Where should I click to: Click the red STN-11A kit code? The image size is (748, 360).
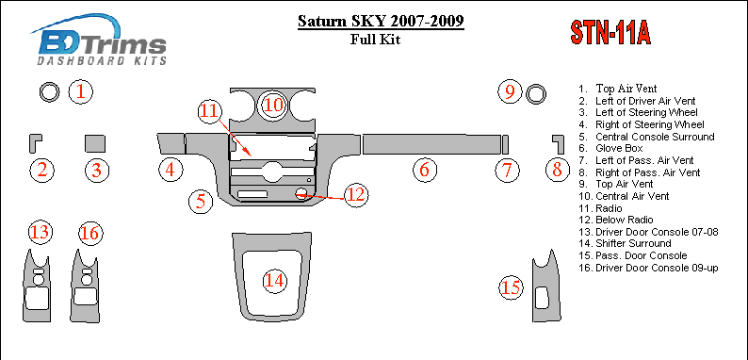610,33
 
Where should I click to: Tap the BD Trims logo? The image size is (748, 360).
99,40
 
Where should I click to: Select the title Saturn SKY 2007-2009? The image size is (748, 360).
381,22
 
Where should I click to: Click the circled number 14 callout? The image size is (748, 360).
275,281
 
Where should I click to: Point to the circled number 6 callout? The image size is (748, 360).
425,170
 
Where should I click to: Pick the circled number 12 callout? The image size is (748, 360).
356,195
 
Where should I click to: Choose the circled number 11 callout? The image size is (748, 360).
210,111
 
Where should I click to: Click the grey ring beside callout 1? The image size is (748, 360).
49,92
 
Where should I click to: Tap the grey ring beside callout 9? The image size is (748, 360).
536,93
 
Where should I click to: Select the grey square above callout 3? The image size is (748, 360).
95,143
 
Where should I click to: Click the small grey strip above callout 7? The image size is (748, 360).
505,144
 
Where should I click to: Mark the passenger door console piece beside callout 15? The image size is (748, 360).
546,286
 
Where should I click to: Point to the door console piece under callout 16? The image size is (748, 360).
86,286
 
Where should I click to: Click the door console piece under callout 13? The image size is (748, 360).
36,286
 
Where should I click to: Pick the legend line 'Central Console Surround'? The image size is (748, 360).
646,137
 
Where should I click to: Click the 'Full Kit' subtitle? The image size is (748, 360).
376,40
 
